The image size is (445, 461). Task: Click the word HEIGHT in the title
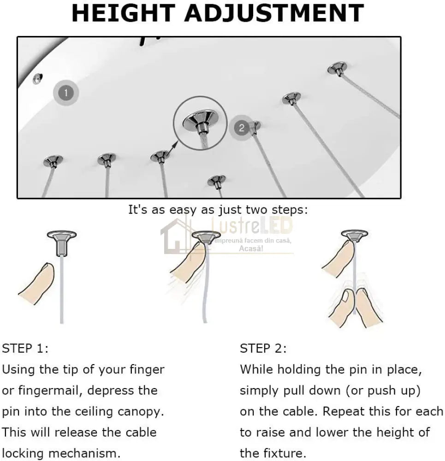124,13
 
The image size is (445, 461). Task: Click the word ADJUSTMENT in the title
274,13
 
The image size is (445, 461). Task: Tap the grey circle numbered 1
66,93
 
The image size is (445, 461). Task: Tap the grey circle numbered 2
242,128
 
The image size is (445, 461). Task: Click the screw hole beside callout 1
38,78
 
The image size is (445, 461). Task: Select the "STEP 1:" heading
25,349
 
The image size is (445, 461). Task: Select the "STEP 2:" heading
263,349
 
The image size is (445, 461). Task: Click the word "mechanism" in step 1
83,453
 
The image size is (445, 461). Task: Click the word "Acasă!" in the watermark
251,249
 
